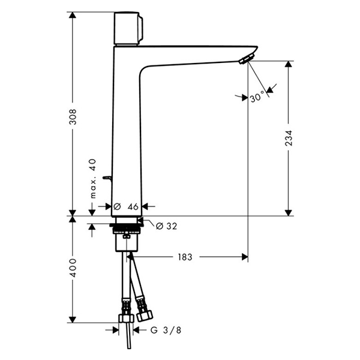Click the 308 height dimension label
tap(73, 117)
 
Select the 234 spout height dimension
tap(289, 138)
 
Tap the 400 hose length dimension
tap(73, 268)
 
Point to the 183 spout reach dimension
tap(185, 257)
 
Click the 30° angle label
tap(257, 97)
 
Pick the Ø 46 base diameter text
tap(126, 206)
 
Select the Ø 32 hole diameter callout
tap(166, 226)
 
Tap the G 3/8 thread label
tap(166, 330)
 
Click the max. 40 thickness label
tap(93, 178)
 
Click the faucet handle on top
tap(128, 28)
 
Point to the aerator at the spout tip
tap(247, 59)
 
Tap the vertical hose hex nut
tap(126, 319)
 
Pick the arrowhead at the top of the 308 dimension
tap(73, 15)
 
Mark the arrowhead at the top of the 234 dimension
tap(289, 64)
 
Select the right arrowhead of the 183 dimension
tap(245, 257)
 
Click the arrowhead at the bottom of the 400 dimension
tap(73, 319)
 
